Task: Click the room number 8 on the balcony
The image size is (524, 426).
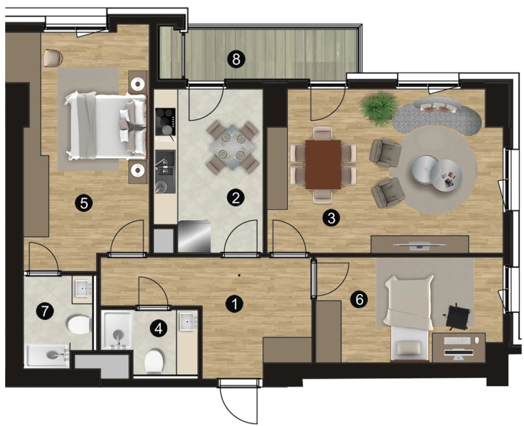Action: (x=236, y=60)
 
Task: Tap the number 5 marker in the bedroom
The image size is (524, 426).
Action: (x=84, y=203)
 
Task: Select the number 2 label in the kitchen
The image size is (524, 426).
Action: (x=236, y=198)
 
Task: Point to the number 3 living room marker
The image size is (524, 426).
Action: (x=331, y=218)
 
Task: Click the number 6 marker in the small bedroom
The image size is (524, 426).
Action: (x=359, y=300)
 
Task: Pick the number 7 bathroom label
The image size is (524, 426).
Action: (x=45, y=311)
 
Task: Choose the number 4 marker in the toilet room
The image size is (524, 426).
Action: (x=158, y=329)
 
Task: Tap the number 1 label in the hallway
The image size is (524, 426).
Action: (x=234, y=304)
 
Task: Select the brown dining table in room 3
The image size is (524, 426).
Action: (x=323, y=164)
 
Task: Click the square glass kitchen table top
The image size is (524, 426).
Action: (x=232, y=147)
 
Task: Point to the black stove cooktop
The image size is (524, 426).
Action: (x=165, y=122)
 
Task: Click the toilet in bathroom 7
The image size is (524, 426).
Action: (x=79, y=324)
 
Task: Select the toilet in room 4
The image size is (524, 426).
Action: (x=154, y=361)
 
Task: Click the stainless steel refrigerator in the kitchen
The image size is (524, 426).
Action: (x=194, y=236)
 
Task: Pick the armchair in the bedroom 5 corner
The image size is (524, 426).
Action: (x=53, y=58)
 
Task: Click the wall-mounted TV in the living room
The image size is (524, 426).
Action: (x=419, y=245)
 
